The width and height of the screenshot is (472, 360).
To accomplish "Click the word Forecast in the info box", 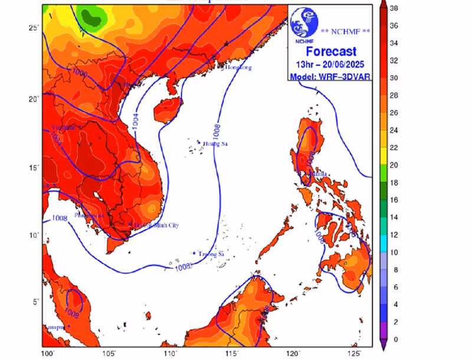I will pos(330,52).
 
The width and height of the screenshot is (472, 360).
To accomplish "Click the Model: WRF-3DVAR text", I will pos(330,76).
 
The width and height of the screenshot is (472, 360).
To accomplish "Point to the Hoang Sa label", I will pos(215,144).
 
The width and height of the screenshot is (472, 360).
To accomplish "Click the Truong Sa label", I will pos(212,254).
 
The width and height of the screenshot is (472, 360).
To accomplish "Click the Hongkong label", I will pos(238,68).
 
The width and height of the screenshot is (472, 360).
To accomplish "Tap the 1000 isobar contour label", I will pos(80,72).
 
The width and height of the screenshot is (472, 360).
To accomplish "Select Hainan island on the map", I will pos(166,108).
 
